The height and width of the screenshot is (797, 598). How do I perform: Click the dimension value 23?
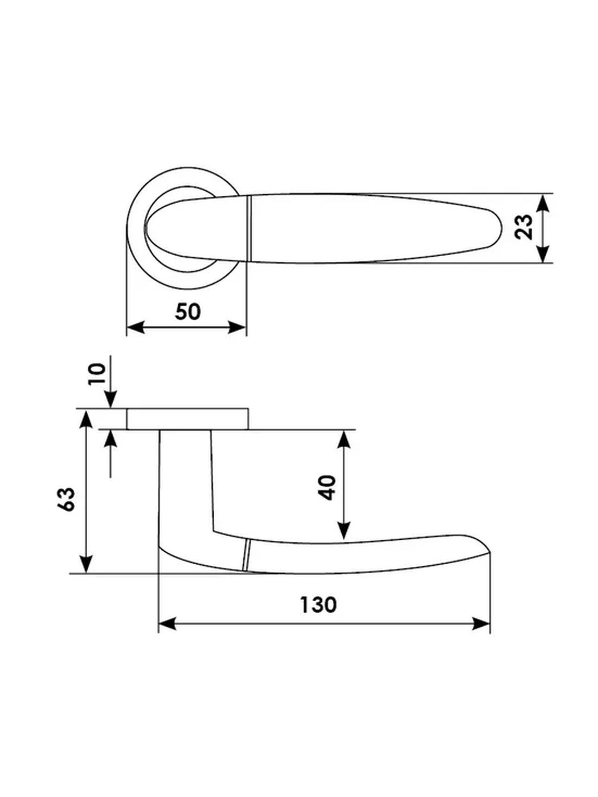(523, 227)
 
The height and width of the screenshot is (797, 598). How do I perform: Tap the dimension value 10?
(97, 373)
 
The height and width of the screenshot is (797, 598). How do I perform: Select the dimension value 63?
(67, 499)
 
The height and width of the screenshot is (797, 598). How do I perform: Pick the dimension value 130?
(318, 605)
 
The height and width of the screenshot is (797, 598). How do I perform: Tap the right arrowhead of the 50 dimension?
(236, 327)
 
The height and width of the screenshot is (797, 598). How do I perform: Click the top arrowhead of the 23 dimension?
(542, 203)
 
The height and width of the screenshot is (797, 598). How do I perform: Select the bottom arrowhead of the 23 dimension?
(542, 253)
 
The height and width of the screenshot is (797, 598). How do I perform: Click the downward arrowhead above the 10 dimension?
(110, 400)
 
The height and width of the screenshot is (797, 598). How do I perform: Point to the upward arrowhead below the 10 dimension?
(110, 438)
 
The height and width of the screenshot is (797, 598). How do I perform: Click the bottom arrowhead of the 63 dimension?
(86, 564)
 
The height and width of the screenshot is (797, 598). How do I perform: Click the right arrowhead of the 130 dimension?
(481, 623)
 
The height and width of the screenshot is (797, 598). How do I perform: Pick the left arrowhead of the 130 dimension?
(168, 623)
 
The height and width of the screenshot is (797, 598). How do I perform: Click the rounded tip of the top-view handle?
(501, 228)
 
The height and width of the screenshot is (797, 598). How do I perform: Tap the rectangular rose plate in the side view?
(187, 419)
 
